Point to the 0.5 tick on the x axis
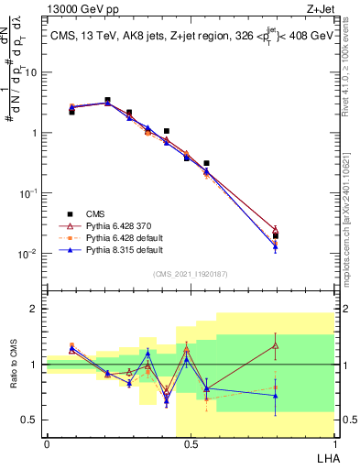click(x=191, y=444)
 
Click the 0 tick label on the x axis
click(x=47, y=444)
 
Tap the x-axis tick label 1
click(x=333, y=444)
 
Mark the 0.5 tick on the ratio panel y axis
click(x=32, y=420)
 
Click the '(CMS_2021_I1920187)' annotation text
click(x=190, y=273)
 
